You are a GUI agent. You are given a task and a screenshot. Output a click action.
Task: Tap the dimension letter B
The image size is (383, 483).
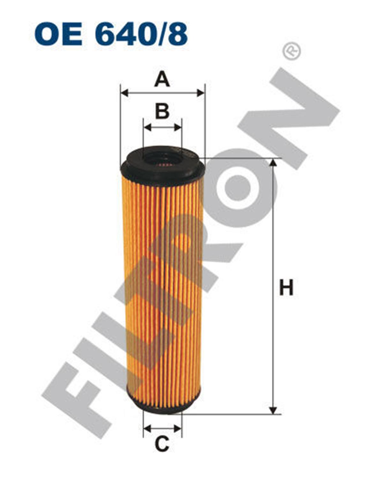(162, 111)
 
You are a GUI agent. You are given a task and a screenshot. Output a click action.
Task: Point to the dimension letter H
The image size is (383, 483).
(286, 287)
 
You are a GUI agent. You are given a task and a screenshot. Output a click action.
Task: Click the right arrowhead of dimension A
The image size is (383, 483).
(200, 92)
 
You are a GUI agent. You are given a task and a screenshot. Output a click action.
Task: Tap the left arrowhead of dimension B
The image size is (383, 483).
(147, 128)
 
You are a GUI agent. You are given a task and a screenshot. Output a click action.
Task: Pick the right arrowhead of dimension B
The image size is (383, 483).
(177, 128)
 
